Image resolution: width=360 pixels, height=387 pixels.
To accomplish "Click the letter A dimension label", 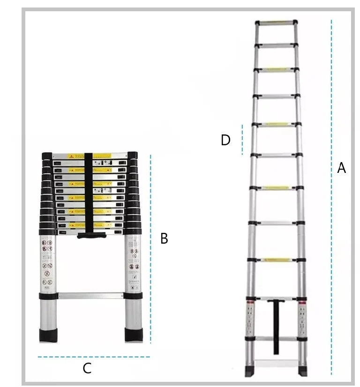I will coord(342,168).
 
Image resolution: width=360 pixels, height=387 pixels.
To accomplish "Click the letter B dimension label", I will coord(164,238).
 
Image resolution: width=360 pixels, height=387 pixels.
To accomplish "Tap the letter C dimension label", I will coord(87,369).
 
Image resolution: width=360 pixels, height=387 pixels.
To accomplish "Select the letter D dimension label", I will coord(226,140).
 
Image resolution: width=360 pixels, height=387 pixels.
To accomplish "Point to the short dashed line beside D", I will coord(242,140).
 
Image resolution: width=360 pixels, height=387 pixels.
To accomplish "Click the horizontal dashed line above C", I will coord(94,357).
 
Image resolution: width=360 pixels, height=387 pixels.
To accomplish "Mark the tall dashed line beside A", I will coord(331,197).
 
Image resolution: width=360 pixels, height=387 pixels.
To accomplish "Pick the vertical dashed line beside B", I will coord(151,248).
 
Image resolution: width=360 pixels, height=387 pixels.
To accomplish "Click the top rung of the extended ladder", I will coord(276,22).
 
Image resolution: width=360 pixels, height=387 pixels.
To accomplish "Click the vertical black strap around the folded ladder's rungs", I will coord(89,192).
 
